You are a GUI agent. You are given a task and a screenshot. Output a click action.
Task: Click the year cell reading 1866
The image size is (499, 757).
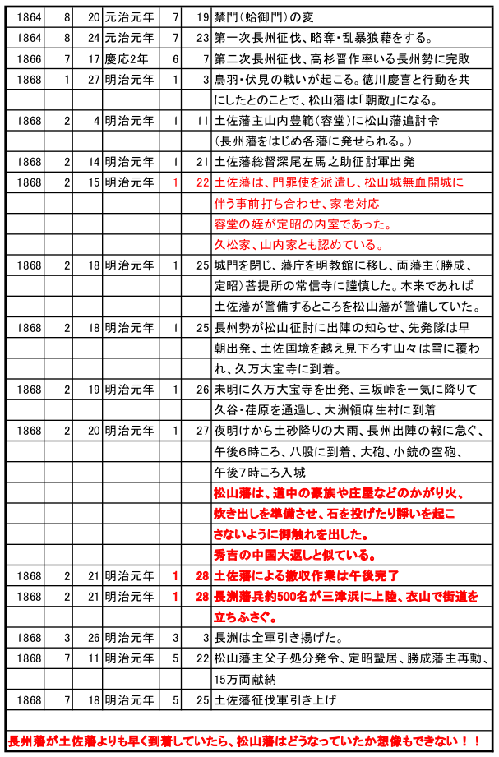point(28,59)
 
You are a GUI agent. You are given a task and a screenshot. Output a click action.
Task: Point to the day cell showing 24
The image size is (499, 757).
point(90,38)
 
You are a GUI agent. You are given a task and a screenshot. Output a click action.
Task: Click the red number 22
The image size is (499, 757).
point(201,182)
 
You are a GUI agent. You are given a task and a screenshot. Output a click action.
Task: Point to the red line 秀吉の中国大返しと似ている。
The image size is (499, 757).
point(295,554)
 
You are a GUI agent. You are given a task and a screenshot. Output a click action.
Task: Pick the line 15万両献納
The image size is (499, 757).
point(239,679)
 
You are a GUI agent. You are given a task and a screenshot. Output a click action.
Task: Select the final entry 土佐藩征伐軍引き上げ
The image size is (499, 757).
point(275,699)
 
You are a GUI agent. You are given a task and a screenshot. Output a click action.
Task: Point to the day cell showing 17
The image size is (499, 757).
point(90,59)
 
